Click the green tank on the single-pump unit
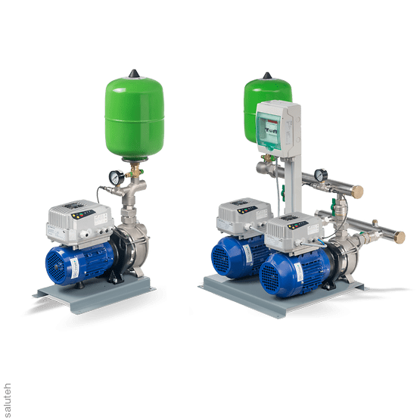135,118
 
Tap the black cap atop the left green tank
134,73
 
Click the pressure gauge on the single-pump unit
117,177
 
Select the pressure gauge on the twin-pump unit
321,175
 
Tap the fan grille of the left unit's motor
56,267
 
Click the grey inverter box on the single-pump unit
79,223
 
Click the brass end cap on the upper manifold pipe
357,191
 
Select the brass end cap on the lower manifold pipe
399,238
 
